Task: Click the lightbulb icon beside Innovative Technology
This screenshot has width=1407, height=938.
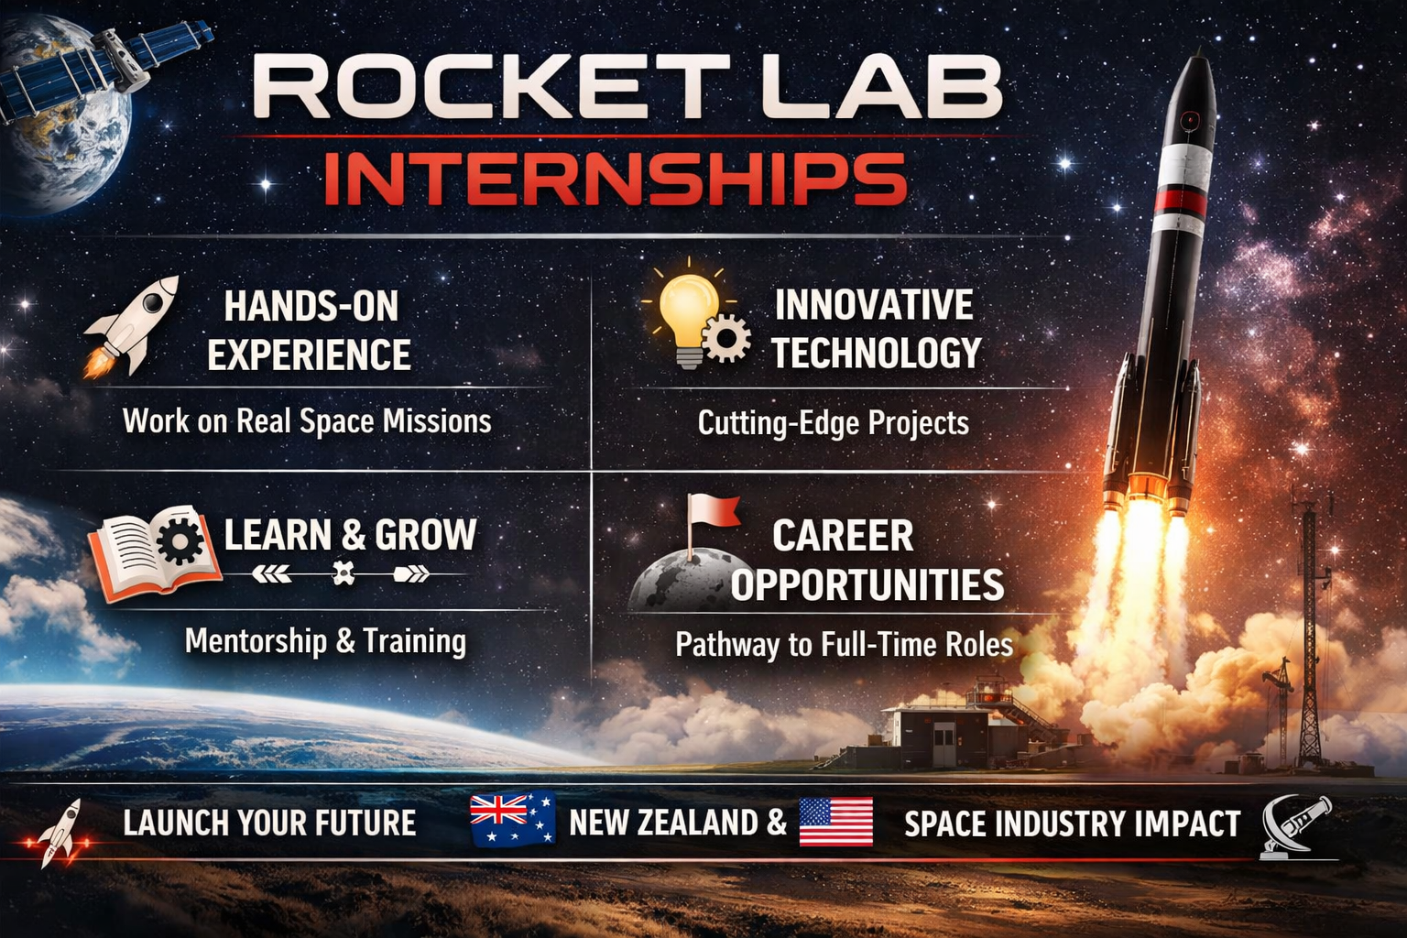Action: coord(690,311)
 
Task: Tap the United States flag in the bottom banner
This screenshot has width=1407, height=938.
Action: coord(835,822)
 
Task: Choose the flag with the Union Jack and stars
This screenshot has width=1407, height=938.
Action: coord(512,817)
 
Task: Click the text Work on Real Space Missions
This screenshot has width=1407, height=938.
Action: coord(307,421)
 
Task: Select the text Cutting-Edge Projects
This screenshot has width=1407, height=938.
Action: coord(833,423)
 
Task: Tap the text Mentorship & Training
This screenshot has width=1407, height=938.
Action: coord(325,641)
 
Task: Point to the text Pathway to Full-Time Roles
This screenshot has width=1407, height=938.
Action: coord(844,645)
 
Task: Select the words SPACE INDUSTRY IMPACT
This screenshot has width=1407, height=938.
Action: coord(1072,824)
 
